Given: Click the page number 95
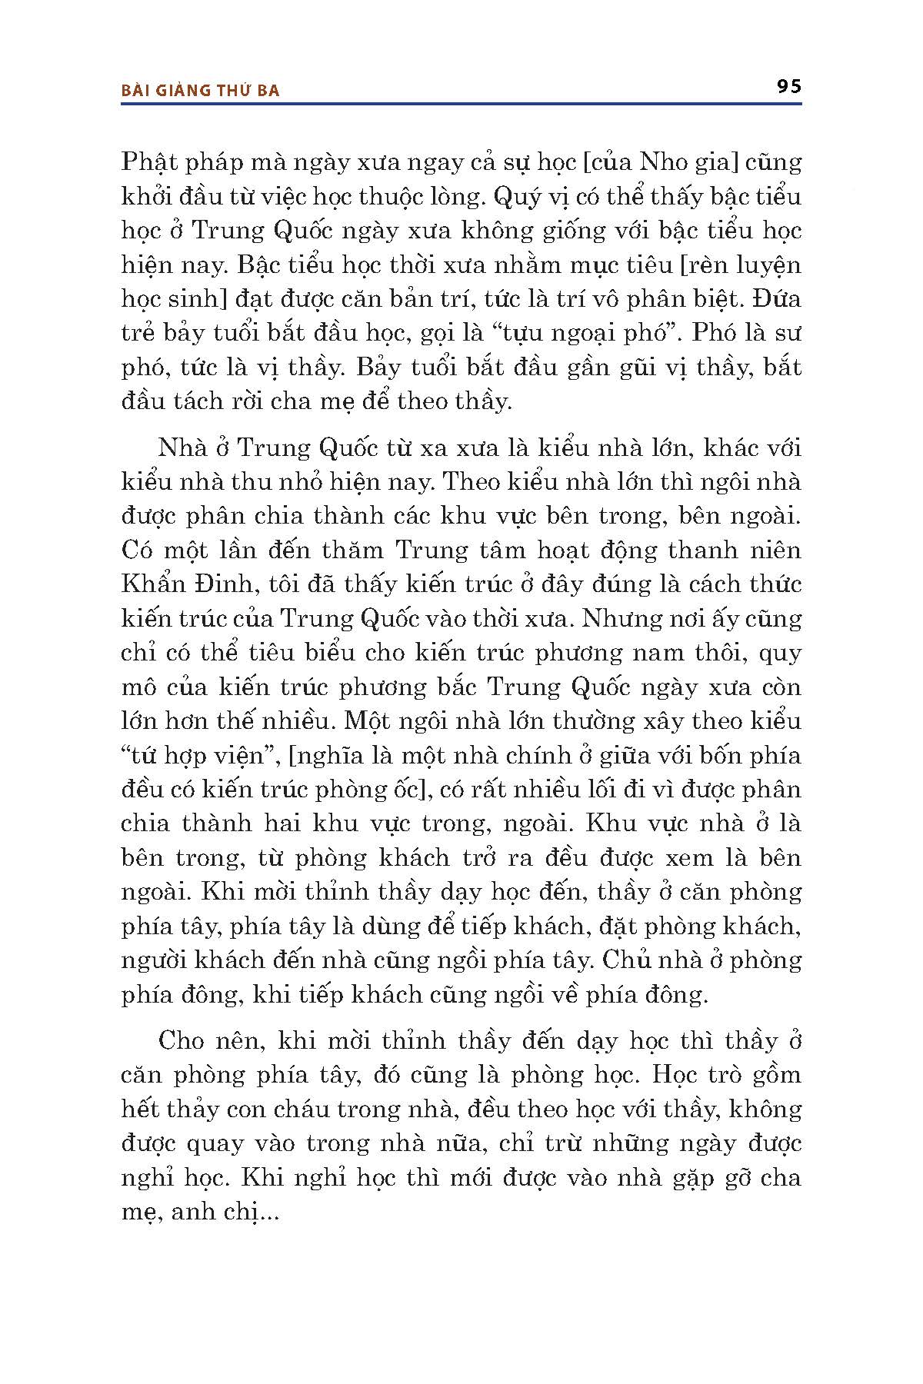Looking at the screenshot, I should coord(788,86).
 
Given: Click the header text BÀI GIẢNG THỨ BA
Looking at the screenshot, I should coord(201,91).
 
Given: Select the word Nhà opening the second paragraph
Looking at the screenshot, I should coord(179,447).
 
